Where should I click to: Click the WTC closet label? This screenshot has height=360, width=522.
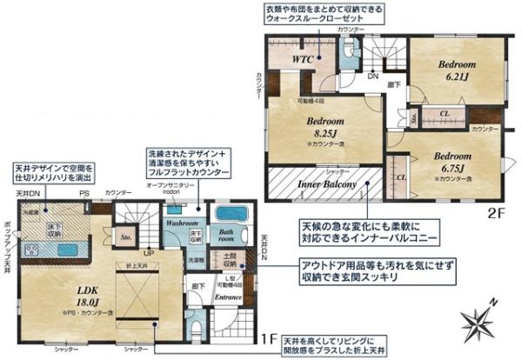click(x=302, y=60)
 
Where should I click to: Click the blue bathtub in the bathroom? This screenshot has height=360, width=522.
click(x=231, y=214)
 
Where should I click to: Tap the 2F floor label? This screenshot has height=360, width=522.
click(x=497, y=210)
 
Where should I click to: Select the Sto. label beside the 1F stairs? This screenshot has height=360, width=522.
click(x=127, y=234)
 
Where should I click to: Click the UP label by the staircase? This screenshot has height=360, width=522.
click(x=149, y=253)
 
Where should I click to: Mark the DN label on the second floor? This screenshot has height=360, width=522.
click(x=371, y=77)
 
